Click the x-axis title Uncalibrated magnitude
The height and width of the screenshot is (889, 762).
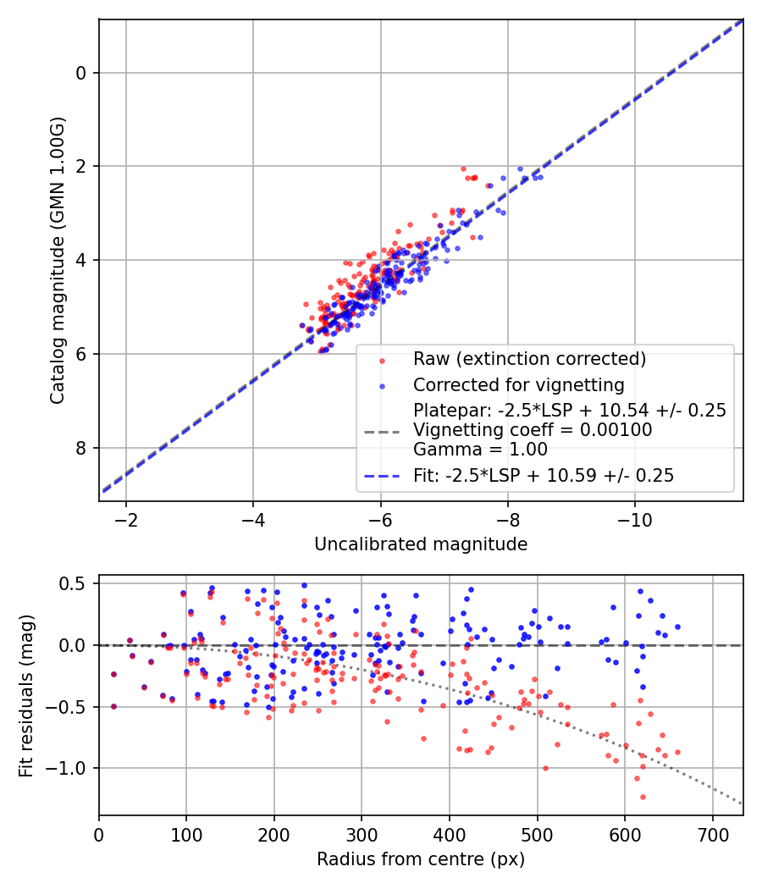421,544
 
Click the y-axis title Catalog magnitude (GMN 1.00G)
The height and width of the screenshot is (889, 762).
57,261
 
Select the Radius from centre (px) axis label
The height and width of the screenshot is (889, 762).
421,859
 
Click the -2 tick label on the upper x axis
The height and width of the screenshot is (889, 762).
126,518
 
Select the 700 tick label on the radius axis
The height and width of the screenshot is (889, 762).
712,834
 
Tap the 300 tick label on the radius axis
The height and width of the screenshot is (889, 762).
362,834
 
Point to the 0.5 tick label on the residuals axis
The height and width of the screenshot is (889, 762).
75,583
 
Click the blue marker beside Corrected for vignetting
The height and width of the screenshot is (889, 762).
383,385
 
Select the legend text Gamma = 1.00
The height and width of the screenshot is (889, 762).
480,450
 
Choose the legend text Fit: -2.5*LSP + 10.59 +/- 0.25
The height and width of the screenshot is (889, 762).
544,476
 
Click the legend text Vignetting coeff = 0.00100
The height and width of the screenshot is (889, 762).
533,430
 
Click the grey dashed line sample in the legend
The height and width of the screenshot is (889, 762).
383,431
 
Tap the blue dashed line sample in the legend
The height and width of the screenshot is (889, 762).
383,476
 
